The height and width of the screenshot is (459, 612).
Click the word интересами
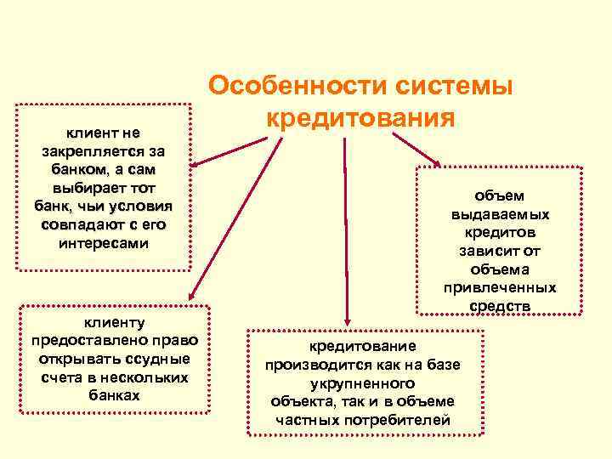click(x=104, y=242)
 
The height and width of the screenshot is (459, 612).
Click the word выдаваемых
click(x=500, y=214)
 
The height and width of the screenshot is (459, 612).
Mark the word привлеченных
click(x=500, y=287)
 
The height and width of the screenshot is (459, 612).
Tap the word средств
click(x=500, y=305)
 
